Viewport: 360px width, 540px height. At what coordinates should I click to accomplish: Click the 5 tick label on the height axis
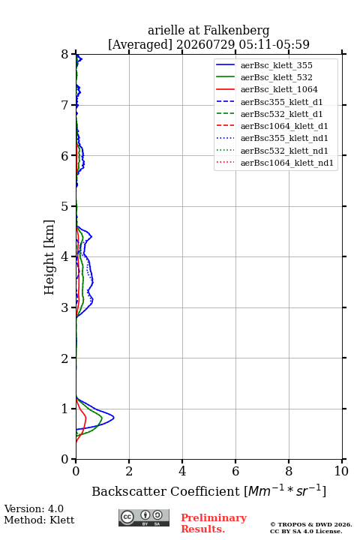(65, 206)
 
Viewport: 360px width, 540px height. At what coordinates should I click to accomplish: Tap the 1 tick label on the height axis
(65, 409)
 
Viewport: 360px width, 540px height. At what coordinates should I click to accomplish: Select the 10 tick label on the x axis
(341, 471)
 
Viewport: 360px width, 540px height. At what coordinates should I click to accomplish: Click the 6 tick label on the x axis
(235, 471)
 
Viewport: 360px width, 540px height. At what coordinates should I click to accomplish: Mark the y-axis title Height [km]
(49, 257)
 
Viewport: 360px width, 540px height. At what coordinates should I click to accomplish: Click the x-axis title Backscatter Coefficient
(165, 491)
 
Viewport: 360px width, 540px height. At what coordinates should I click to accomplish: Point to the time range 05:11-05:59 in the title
(274, 44)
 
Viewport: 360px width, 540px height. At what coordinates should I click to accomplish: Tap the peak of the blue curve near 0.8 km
(114, 418)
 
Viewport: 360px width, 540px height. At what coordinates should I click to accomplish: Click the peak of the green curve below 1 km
(102, 418)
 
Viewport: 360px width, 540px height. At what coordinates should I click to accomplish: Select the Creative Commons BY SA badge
(144, 517)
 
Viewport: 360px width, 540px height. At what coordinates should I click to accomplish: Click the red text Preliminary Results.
(214, 523)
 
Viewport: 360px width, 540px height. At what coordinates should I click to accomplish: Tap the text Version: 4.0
(34, 508)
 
